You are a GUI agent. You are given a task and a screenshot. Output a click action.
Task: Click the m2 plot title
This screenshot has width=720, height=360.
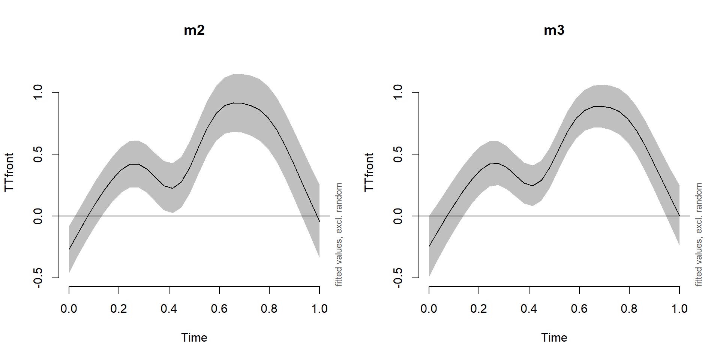coord(194,30)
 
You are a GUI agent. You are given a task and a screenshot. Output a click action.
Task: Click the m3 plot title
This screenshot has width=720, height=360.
coord(554,30)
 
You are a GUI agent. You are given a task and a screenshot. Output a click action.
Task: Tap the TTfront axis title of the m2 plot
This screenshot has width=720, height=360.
coord(9,172)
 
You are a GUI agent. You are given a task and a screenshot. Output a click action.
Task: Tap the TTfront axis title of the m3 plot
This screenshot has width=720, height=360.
coord(369,172)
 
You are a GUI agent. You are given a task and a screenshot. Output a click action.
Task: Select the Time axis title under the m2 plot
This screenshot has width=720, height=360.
coord(194,337)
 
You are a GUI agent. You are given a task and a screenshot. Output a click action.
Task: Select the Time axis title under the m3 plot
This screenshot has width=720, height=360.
coord(554,337)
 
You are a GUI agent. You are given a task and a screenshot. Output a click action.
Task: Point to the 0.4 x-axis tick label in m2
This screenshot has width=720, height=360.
coord(169,309)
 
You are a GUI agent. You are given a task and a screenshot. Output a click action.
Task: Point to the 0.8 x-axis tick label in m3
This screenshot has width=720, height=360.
coord(629,309)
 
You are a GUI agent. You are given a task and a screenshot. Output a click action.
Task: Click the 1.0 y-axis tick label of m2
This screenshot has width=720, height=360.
coord(38,92)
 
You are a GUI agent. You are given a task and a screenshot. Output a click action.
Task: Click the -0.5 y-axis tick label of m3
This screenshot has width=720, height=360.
coord(398,278)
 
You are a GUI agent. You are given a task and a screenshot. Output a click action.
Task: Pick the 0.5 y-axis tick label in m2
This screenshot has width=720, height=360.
coord(38,154)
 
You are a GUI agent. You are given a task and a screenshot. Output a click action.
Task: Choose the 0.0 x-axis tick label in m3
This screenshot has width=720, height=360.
coord(429,309)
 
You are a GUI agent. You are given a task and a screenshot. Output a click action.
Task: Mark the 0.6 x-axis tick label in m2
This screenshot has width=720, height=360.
coord(219,309)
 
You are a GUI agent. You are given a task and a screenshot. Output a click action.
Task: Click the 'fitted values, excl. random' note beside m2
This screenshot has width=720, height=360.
coord(339,234)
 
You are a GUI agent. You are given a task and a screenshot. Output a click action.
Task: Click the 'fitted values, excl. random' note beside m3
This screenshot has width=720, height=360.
coord(699,234)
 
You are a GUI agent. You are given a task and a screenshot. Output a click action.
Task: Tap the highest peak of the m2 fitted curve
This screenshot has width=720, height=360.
coord(238,103)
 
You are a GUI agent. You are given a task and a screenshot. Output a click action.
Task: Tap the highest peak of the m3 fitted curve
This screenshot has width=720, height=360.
coord(599,106)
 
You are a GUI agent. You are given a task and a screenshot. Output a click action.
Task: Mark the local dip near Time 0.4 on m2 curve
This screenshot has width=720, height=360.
coord(172,188)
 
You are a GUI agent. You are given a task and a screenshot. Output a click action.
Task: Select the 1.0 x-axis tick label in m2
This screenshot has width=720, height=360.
coord(319,309)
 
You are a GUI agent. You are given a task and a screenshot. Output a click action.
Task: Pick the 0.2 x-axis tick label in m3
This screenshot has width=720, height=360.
coord(478,309)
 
